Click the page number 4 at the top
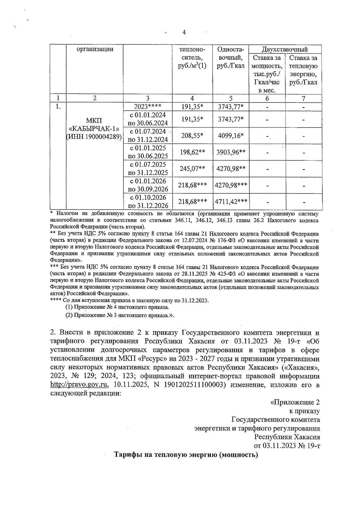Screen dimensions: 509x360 pos(184,32)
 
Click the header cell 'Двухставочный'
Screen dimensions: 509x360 pos(285,49)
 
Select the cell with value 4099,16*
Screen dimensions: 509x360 pos(230,136)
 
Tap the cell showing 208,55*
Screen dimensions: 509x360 pos(192,136)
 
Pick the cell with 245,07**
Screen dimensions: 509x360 pos(192,169)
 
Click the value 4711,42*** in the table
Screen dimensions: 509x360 pos(231,202)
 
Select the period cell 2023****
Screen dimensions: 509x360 pos(148,106)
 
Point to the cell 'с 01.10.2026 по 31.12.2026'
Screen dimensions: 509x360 pos(148,202)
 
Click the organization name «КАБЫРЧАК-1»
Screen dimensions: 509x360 pos(94,129)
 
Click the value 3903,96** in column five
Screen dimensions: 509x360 pos(231,152)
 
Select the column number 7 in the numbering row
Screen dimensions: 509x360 pos(303,98)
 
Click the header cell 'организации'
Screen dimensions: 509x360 pos(95,49)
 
